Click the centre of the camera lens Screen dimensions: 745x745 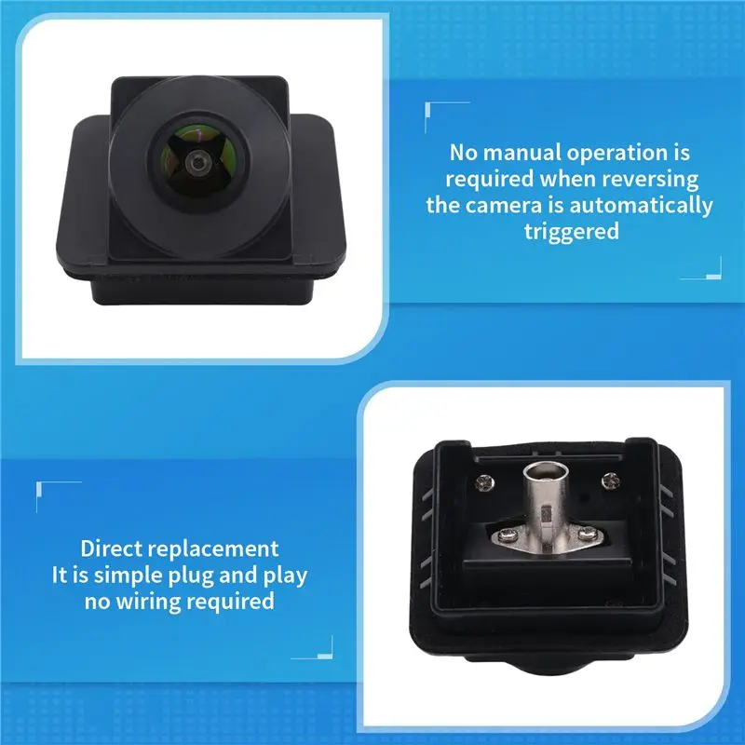[x=197, y=163]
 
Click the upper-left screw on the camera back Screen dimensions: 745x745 [x=484, y=483]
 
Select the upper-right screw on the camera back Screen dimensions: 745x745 [x=611, y=481]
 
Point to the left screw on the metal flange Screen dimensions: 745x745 [x=508, y=535]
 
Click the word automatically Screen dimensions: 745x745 [x=641, y=207]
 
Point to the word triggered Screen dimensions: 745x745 [x=572, y=232]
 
